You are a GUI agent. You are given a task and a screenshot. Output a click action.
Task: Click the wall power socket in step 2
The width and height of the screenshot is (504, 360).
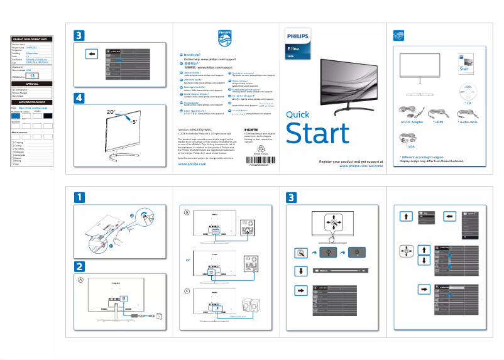tap(160, 317)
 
